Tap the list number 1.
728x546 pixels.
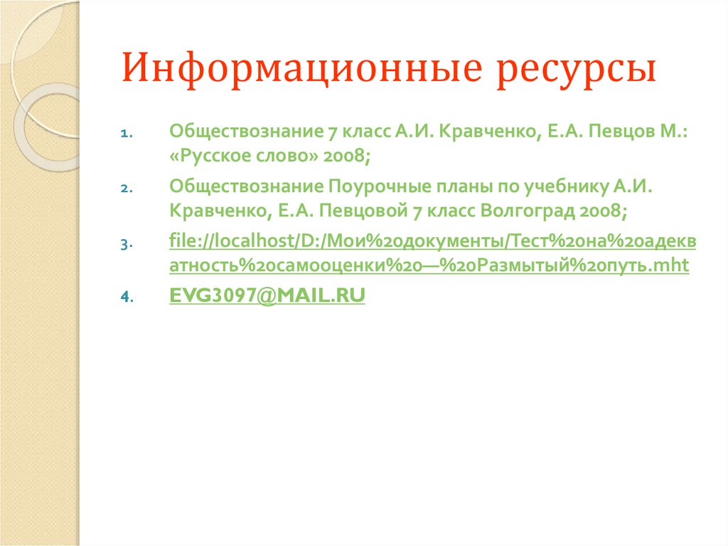click(124, 133)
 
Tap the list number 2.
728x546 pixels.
click(124, 189)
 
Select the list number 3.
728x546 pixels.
click(124, 244)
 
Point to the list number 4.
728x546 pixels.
click(124, 299)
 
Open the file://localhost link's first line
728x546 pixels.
click(432, 242)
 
